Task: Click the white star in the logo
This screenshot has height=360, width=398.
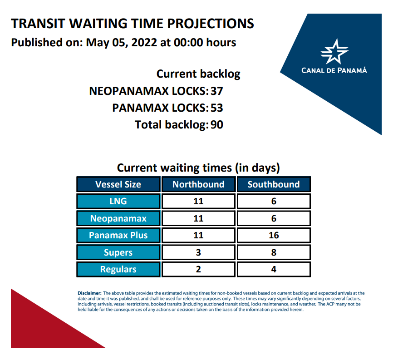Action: pos(334,52)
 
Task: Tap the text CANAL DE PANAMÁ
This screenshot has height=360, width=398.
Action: pos(334,70)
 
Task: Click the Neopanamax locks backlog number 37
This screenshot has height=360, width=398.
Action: pos(216,91)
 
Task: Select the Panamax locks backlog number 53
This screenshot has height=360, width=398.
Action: pos(216,108)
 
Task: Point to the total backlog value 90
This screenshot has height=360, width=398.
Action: pos(216,125)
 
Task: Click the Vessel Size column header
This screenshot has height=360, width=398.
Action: pos(118,184)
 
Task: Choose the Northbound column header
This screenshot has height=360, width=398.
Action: pos(198,184)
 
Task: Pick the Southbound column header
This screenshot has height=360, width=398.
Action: pos(274,184)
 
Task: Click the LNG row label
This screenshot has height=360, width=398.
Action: pos(118,201)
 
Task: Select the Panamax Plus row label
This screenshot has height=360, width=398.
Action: pos(118,235)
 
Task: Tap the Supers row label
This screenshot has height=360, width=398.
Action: pos(118,252)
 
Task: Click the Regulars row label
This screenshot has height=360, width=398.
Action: pos(118,269)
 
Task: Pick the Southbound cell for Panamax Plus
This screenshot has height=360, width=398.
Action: pos(274,235)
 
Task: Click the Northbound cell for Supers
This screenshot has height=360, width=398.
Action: pos(198,252)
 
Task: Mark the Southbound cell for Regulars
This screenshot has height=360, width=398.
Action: pos(274,269)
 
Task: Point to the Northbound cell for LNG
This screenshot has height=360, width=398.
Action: pos(198,201)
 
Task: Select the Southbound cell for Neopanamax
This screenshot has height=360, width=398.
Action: pos(274,218)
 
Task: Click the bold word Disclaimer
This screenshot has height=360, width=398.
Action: pos(89,293)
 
